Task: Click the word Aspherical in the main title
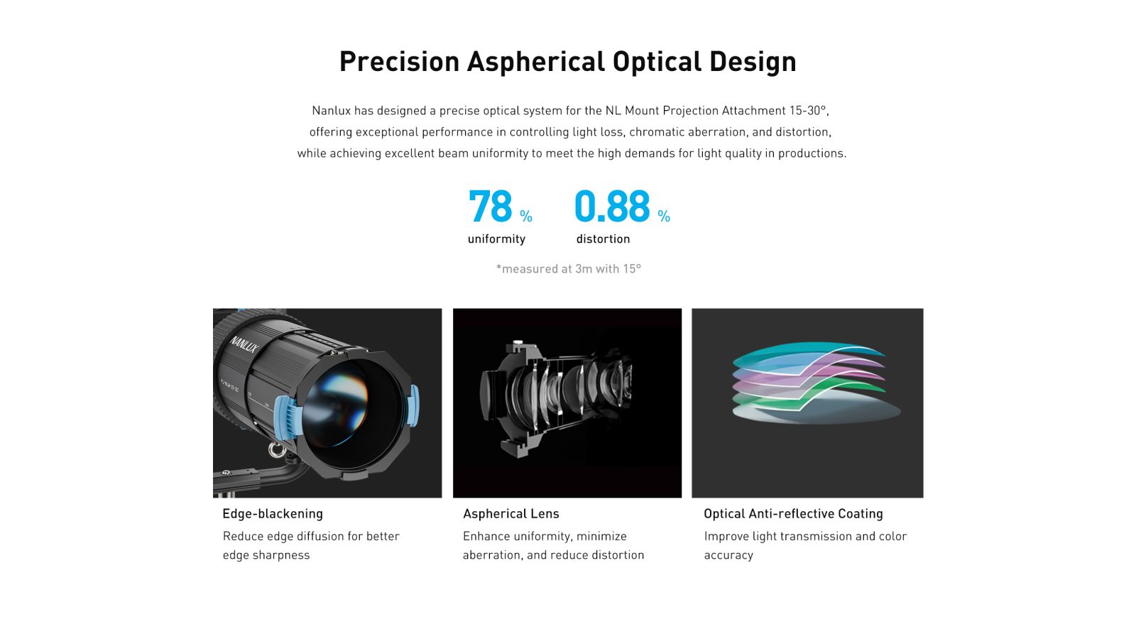(x=536, y=62)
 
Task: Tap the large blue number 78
(x=491, y=207)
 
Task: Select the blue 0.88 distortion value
(x=612, y=207)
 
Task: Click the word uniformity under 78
(x=496, y=239)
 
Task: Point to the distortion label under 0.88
(x=603, y=239)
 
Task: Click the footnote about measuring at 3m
(x=569, y=268)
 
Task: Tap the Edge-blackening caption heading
(x=273, y=513)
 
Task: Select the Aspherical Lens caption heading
(x=510, y=513)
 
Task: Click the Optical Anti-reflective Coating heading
(x=793, y=513)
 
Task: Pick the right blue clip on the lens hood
(x=413, y=405)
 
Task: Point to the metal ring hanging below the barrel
(x=276, y=449)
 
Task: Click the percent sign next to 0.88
(x=664, y=217)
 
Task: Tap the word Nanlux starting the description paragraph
(x=331, y=111)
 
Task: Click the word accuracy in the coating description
(x=728, y=555)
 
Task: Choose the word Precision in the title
(x=399, y=62)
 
